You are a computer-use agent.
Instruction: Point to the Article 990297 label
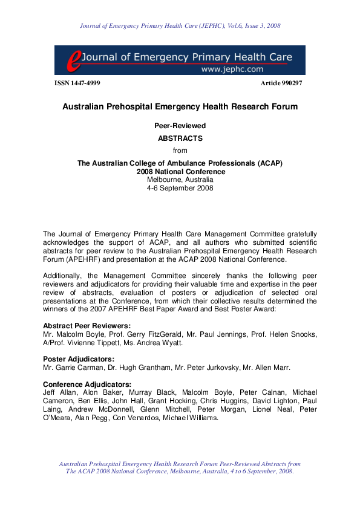pyautogui.click(x=281, y=83)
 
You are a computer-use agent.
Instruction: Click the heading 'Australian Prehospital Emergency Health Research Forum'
pyautogui.click(x=180, y=107)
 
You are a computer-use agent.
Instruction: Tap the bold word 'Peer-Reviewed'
pyautogui.click(x=180, y=126)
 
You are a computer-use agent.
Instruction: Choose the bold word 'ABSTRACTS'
pyautogui.click(x=180, y=138)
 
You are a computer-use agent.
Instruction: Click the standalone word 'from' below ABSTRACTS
pyautogui.click(x=180, y=151)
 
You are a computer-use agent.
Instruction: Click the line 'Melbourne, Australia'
pyautogui.click(x=180, y=180)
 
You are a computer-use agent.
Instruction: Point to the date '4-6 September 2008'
pyautogui.click(x=180, y=188)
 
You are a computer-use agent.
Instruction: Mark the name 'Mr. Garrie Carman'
pyautogui.click(x=68, y=367)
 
